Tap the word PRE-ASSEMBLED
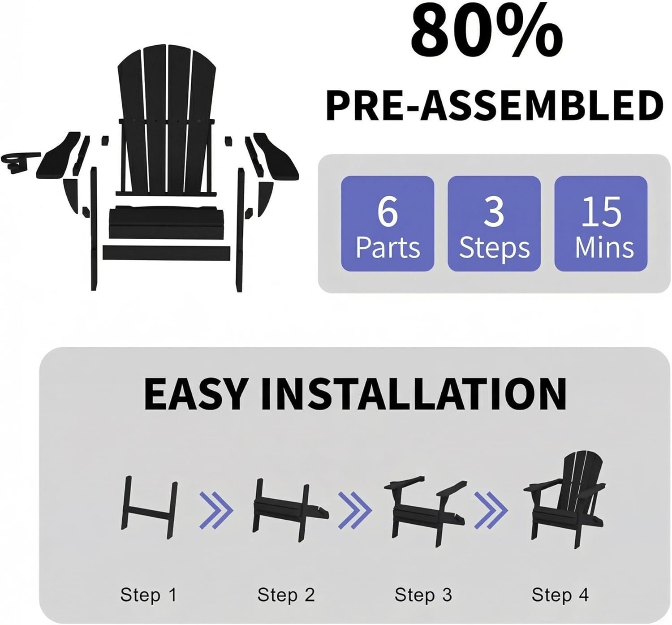click(494, 106)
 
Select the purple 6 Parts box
click(388, 223)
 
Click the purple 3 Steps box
click(494, 223)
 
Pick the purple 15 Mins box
click(601, 223)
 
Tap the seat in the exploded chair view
click(167, 221)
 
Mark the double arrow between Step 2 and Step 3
click(355, 511)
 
